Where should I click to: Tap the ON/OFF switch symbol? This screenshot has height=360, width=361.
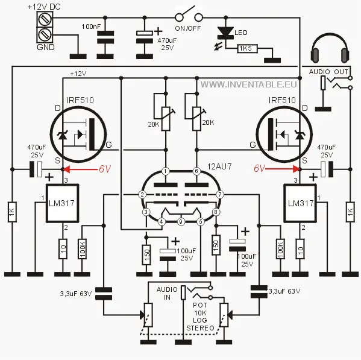tap(187, 15)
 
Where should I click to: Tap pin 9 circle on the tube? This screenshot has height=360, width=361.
tap(180, 222)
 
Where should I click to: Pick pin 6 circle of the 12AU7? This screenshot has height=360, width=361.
tap(196, 171)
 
